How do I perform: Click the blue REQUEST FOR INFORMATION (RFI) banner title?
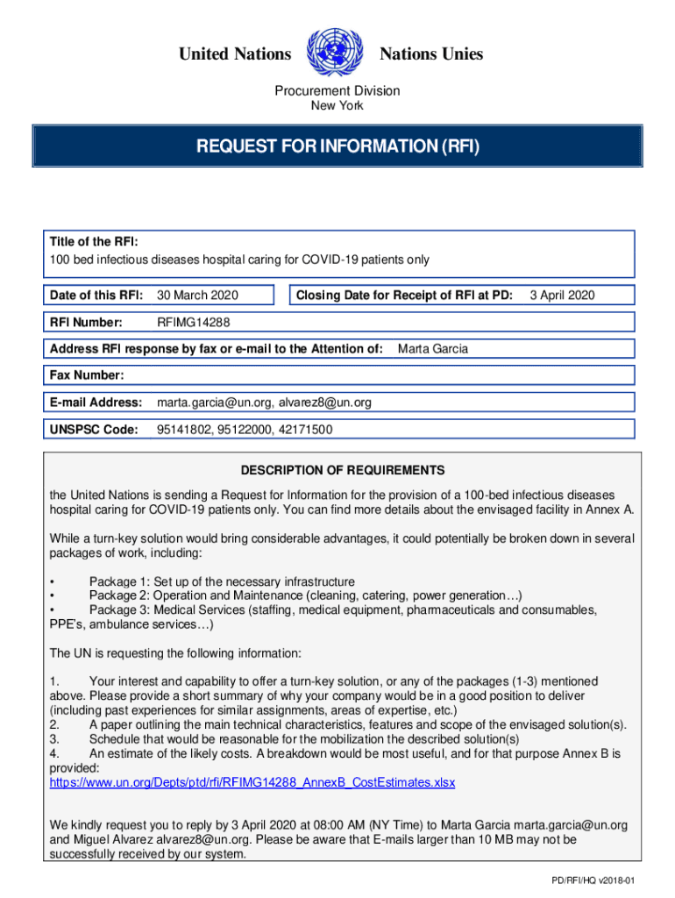(x=337, y=146)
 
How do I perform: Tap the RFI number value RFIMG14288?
(x=194, y=323)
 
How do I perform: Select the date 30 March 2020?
(x=197, y=296)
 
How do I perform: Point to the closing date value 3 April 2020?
(x=562, y=296)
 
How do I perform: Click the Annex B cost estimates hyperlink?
(x=252, y=781)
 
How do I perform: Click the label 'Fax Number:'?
(x=87, y=375)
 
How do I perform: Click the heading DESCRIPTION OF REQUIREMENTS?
(x=337, y=470)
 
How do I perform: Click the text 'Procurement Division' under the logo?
(x=337, y=90)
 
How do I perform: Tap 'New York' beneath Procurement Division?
(x=337, y=106)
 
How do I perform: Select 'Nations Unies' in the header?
(x=430, y=54)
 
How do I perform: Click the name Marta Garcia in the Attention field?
(x=433, y=349)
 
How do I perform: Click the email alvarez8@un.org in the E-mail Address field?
(x=325, y=403)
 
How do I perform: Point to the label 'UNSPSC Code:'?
(x=94, y=430)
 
